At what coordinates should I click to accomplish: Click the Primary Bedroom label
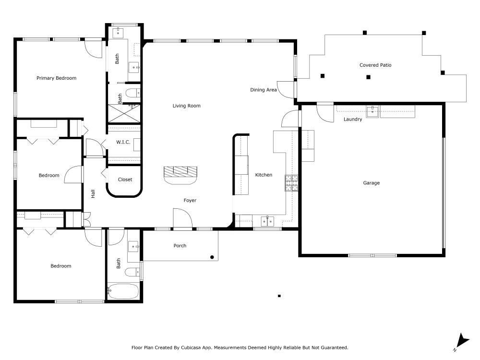pyautogui.click(x=56, y=78)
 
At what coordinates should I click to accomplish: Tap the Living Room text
pyautogui.click(x=187, y=106)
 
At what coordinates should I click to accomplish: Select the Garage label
pyautogui.click(x=371, y=183)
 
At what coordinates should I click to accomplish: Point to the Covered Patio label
pyautogui.click(x=375, y=65)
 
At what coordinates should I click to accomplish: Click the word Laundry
pyautogui.click(x=353, y=120)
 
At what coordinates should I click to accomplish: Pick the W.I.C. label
pyautogui.click(x=123, y=142)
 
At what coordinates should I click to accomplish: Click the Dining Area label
pyautogui.click(x=264, y=90)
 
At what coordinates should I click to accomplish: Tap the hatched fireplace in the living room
pyautogui.click(x=180, y=171)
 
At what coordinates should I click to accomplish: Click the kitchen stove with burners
pyautogui.click(x=291, y=183)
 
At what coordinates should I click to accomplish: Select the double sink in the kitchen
pyautogui.click(x=267, y=221)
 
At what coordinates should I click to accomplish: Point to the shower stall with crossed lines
pyautogui.click(x=124, y=113)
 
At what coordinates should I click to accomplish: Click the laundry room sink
pyautogui.click(x=373, y=112)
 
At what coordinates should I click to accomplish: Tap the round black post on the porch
pyautogui.click(x=212, y=257)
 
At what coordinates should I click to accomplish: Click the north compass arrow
pyautogui.click(x=462, y=341)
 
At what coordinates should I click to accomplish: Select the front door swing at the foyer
pyautogui.click(x=182, y=218)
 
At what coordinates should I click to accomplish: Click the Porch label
pyautogui.click(x=180, y=246)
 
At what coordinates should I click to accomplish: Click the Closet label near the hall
pyautogui.click(x=125, y=180)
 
